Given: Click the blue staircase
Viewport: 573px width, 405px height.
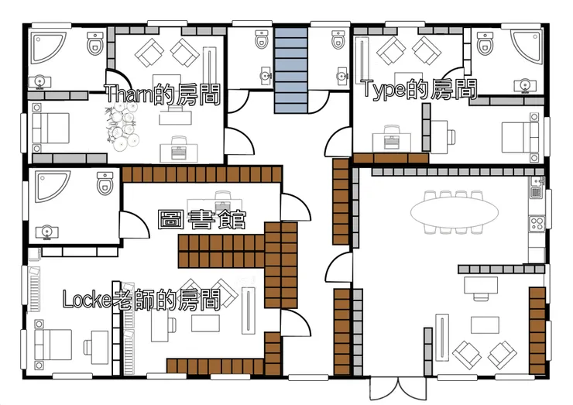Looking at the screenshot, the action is (x=291, y=70).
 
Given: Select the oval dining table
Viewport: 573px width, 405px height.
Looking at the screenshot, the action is (x=455, y=212).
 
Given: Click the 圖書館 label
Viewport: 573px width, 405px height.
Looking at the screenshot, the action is (x=202, y=219).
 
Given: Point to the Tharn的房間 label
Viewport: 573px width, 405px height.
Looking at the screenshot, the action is (x=163, y=94).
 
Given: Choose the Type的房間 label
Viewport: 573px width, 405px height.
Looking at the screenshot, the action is (x=420, y=89).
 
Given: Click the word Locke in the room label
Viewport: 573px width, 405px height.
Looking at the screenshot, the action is (x=86, y=300).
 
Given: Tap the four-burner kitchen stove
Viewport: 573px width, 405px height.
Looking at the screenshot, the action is (x=537, y=223).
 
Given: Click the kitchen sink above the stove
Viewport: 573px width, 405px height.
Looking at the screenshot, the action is (x=537, y=187).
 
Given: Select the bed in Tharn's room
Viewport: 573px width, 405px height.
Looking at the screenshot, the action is (x=50, y=128).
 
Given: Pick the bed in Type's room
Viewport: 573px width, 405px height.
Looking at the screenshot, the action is (x=520, y=137).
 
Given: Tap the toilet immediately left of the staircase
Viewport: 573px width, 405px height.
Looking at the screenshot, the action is (x=261, y=39).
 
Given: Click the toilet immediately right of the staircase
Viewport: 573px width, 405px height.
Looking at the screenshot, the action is (x=338, y=39).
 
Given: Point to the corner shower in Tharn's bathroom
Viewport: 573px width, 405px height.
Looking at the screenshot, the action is (x=48, y=48).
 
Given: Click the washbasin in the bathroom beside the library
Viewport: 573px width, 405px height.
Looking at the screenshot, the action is (x=46, y=232).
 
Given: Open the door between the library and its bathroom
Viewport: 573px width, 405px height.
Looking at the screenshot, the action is (x=135, y=224).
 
